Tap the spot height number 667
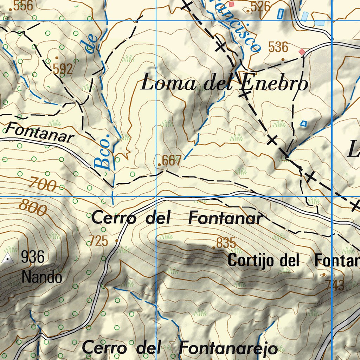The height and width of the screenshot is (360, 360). pyautogui.click(x=171, y=161)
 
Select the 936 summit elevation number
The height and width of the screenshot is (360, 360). pyautogui.click(x=33, y=257)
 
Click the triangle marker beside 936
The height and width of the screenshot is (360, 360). pyautogui.click(x=7, y=259)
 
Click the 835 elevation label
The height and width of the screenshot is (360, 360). pyautogui.click(x=226, y=243)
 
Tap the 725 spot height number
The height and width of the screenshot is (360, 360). pyautogui.click(x=98, y=241)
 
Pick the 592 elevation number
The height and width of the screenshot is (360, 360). pyautogui.click(x=63, y=69)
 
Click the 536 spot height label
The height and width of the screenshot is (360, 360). pyautogui.click(x=278, y=47)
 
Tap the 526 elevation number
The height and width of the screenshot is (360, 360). pyautogui.click(x=261, y=6)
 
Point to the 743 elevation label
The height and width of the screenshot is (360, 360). pyautogui.click(x=335, y=285)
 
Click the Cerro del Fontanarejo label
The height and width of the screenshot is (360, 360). pyautogui.click(x=180, y=348)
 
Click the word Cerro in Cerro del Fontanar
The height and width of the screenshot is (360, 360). pyautogui.click(x=114, y=218)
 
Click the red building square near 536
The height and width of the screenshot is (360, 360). pyautogui.click(x=302, y=52)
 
